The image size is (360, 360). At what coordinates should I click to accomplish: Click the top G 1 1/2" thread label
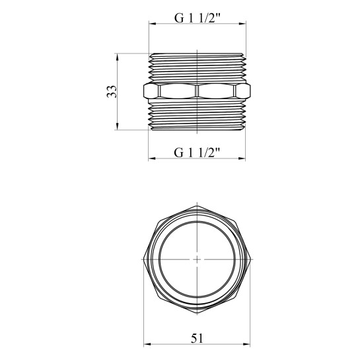[198, 18]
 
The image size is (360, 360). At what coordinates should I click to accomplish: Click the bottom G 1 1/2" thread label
[197, 153]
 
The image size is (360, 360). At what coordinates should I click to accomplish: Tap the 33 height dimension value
[112, 92]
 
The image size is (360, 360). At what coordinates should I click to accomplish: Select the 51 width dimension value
[197, 338]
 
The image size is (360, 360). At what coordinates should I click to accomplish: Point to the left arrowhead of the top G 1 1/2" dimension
[153, 24]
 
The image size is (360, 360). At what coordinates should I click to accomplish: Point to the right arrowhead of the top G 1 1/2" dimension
[242, 24]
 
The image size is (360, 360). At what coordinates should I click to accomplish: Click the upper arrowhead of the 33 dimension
[117, 57]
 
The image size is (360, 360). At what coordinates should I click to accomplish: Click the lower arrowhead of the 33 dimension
[117, 126]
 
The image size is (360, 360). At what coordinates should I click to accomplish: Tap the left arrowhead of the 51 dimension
[147, 344]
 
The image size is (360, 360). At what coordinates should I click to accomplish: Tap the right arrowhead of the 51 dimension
[246, 344]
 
